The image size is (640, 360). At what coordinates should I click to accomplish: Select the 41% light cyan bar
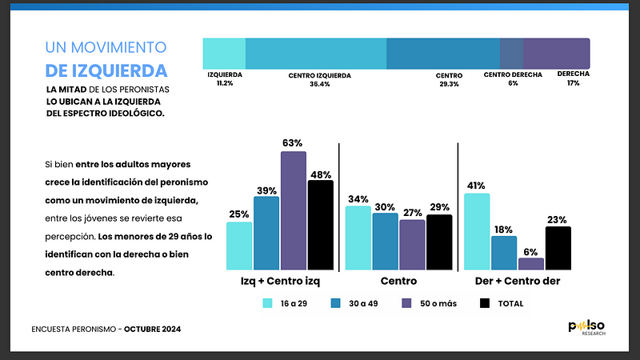[x=477, y=231]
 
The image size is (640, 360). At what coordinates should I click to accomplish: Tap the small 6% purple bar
[x=531, y=263]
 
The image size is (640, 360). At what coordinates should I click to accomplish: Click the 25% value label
[x=238, y=214]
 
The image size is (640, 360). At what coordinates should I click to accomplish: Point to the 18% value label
[x=504, y=229]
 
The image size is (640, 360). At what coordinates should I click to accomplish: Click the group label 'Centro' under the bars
[x=398, y=282]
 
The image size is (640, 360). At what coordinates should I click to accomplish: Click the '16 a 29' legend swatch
[x=269, y=303]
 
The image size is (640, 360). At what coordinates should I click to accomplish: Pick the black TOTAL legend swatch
[x=485, y=303]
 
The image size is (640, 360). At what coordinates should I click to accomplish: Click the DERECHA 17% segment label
[x=574, y=78]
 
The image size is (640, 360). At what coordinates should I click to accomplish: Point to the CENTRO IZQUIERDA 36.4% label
[x=320, y=78]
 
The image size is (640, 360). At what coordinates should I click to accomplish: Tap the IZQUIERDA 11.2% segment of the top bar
[x=224, y=53]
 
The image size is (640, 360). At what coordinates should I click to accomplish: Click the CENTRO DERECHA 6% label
[x=513, y=78]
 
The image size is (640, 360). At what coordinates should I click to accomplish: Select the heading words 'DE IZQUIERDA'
[x=106, y=70]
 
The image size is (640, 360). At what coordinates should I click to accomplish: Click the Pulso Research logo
[x=586, y=328]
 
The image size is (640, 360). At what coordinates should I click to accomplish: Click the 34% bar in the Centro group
[x=358, y=237]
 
